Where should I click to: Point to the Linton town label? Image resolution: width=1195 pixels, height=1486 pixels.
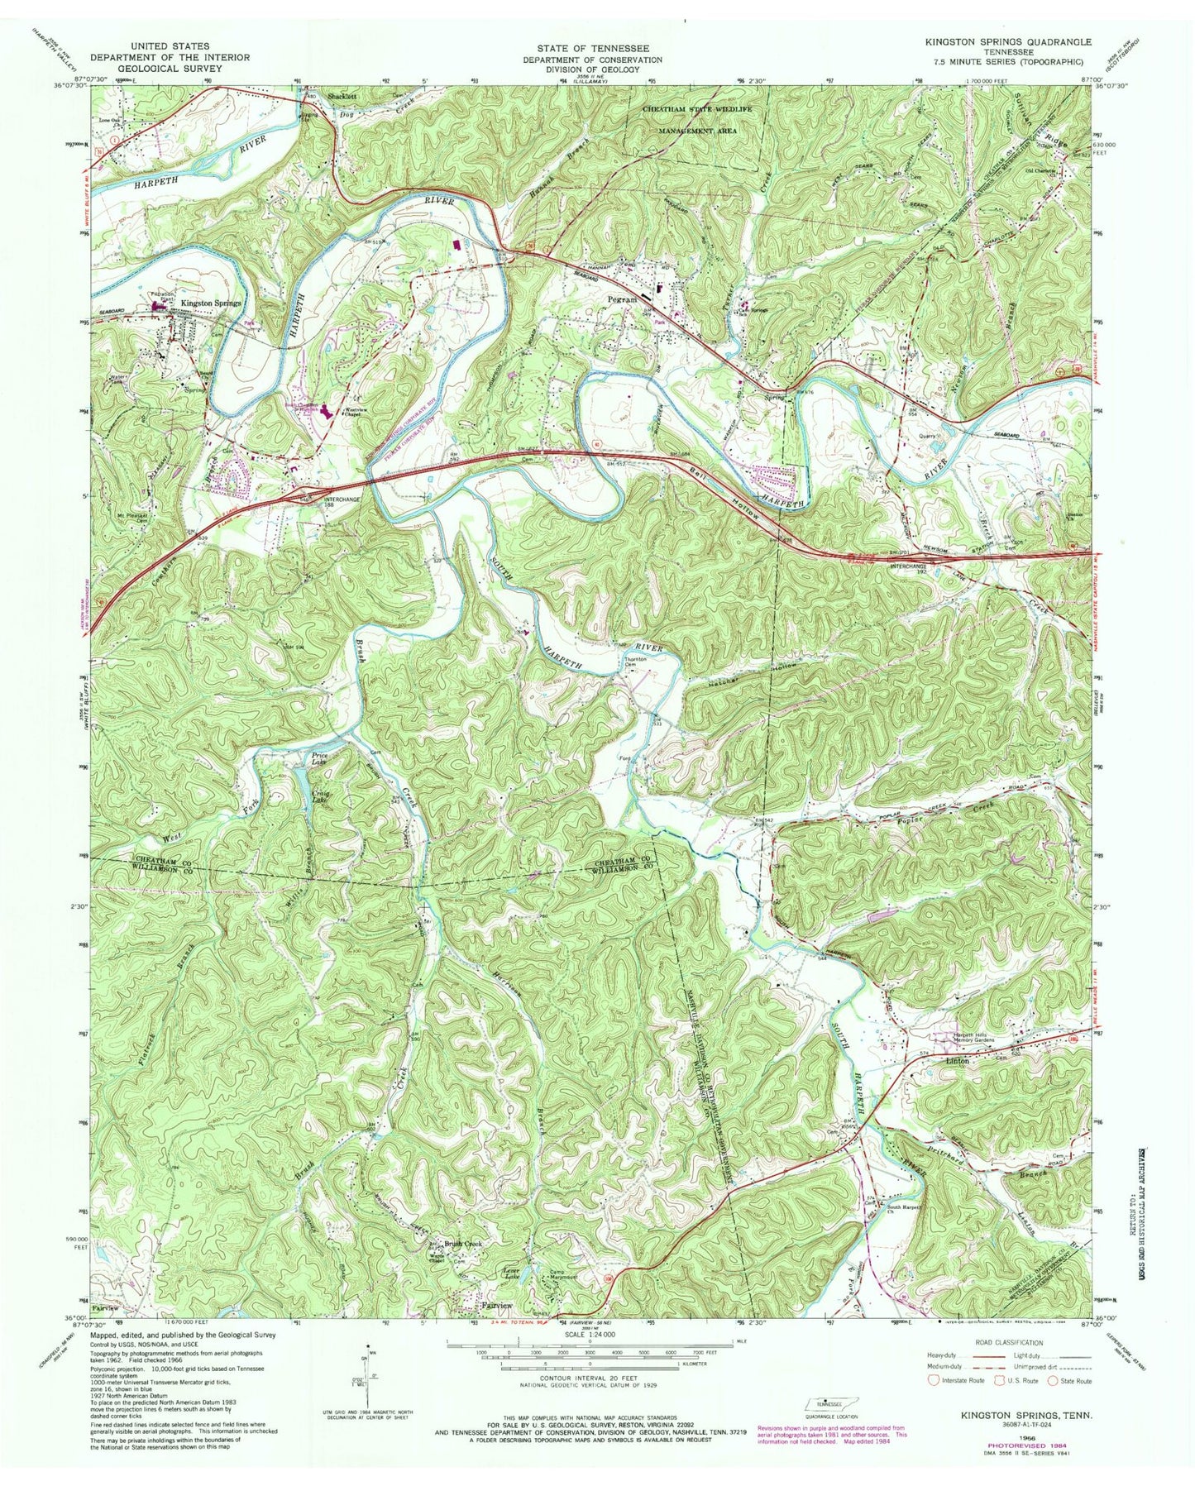[x=957, y=1060]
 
